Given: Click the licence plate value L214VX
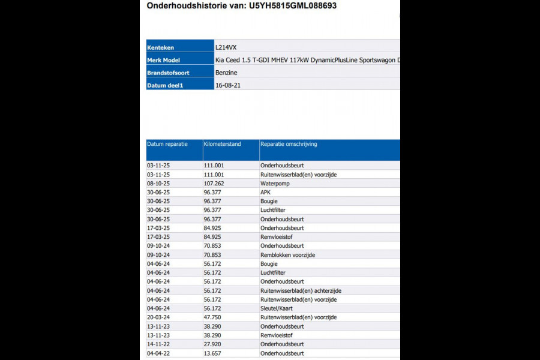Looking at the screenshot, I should coord(226,46).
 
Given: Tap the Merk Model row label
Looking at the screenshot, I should coord(163,59).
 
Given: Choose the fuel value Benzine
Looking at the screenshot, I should coord(226,73).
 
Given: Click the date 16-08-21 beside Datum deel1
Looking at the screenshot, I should coord(228,85).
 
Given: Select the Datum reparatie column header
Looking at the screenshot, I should coord(167,144).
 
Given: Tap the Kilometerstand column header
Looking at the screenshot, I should coord(223,144).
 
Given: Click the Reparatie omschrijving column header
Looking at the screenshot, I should coord(289,144).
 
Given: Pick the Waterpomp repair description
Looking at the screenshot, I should coord(275,183).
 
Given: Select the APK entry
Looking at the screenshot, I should coord(265,192).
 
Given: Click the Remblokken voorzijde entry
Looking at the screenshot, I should coord(287,255).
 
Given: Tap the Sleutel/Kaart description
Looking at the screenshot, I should coord(277,308).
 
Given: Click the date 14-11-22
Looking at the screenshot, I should coord(158,344).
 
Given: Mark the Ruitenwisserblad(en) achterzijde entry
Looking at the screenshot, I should coord(301,290).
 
